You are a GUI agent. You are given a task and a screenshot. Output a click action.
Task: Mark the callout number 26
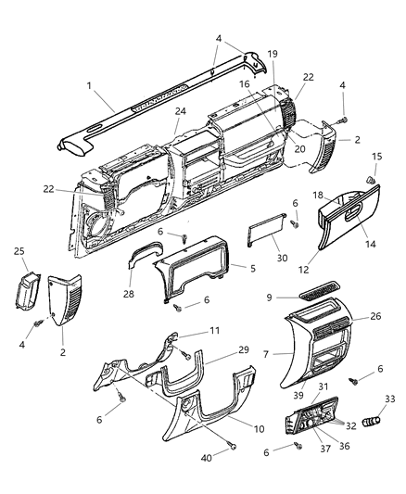374,315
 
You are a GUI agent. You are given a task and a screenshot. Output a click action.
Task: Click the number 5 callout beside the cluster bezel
252,268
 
